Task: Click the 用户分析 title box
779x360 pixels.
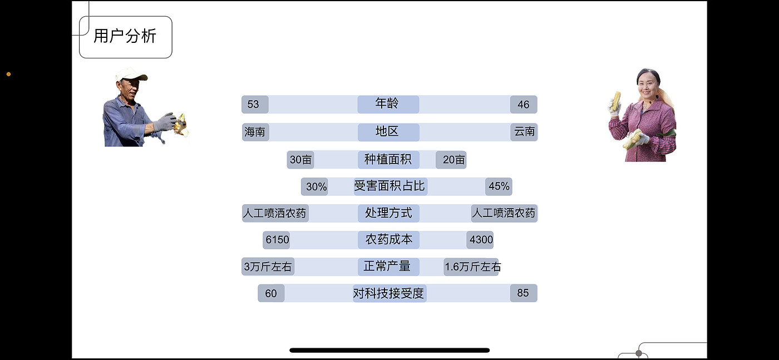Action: (125, 37)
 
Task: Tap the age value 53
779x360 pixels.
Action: (254, 105)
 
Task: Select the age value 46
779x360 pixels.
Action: (524, 105)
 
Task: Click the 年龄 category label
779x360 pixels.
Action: (388, 104)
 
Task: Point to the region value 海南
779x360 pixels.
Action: (255, 132)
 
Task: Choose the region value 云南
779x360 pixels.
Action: (524, 132)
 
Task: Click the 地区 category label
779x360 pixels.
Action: (388, 132)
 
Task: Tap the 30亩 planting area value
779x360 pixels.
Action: (300, 160)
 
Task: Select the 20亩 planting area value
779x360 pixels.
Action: (451, 160)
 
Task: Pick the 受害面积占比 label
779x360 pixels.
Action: (389, 186)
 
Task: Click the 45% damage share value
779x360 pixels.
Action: (499, 186)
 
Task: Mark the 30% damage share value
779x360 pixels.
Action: (315, 187)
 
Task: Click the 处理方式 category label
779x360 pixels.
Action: (388, 213)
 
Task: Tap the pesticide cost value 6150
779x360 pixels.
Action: (277, 240)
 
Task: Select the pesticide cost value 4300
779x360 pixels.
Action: (481, 240)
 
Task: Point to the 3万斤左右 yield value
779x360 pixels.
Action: (268, 267)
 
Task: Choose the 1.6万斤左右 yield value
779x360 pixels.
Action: (472, 267)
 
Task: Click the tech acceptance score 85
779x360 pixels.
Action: (524, 293)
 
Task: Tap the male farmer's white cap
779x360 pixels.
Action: (131, 74)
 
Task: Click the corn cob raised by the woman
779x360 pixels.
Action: (616, 100)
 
